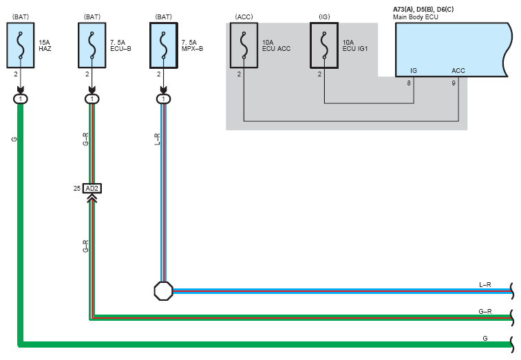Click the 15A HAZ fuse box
(20, 45)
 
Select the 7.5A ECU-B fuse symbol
(92, 45)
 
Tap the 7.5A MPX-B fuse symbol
(164, 45)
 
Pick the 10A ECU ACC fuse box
(244, 45)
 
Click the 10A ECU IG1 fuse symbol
(324, 45)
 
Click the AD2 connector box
(92, 189)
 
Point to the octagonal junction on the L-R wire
(164, 291)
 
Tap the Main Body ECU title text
(415, 17)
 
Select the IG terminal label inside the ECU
(414, 70)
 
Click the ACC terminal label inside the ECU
(458, 70)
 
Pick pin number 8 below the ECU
(409, 83)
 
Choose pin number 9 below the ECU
(454, 83)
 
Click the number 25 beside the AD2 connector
(77, 189)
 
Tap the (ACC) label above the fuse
(244, 17)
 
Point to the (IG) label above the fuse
(324, 17)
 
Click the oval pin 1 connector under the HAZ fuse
(20, 99)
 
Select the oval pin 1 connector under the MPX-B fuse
(164, 99)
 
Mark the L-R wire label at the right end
(485, 284)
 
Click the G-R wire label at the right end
(485, 311)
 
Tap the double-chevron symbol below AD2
(92, 198)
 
